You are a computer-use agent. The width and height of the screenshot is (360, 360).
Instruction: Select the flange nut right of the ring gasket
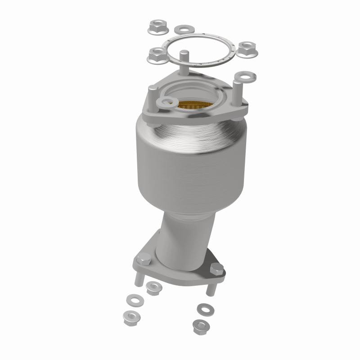point(246,49)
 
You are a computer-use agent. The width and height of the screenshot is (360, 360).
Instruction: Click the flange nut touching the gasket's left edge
point(157,55)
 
